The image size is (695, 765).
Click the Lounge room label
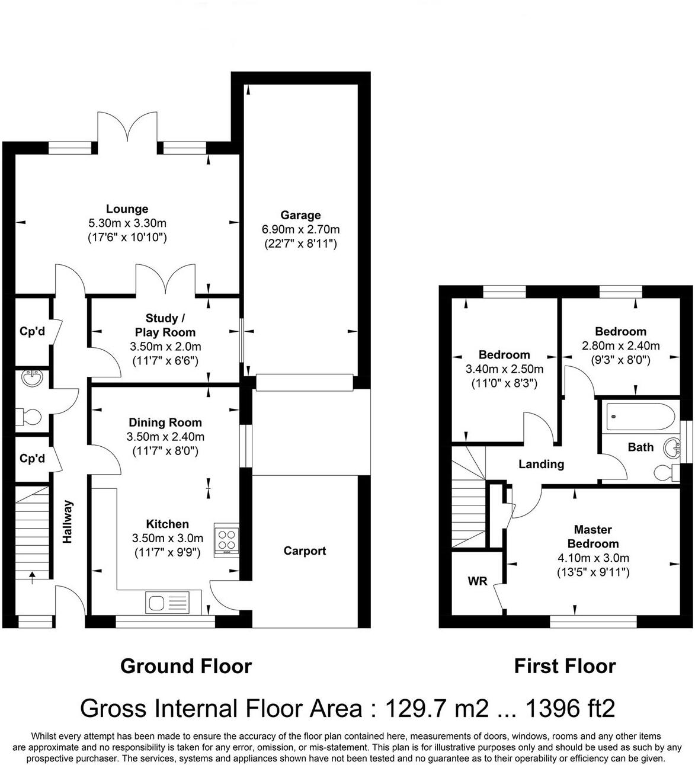point(127,209)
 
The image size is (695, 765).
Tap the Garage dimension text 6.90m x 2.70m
point(300,229)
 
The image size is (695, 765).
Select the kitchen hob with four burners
point(226,540)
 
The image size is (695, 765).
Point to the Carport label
point(305,551)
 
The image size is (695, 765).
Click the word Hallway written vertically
point(68,521)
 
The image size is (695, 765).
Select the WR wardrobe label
point(478,581)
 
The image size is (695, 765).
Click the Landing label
point(541,464)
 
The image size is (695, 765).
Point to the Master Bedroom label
point(592,536)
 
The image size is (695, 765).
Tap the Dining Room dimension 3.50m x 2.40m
point(165,437)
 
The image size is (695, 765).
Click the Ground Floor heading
point(186,666)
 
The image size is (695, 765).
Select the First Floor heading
point(565,666)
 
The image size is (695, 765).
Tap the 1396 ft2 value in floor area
point(571,708)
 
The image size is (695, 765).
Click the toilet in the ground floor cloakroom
point(28,417)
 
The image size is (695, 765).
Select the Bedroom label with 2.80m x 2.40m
point(620,331)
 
